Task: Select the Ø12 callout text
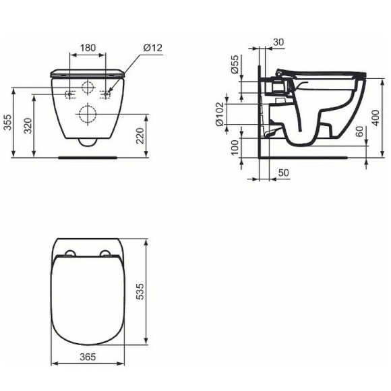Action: click(152, 48)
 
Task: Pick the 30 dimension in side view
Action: click(279, 42)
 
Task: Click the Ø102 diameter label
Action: click(220, 114)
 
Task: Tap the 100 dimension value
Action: click(235, 148)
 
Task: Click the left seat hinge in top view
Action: click(69, 254)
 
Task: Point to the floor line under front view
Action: click(88, 156)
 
